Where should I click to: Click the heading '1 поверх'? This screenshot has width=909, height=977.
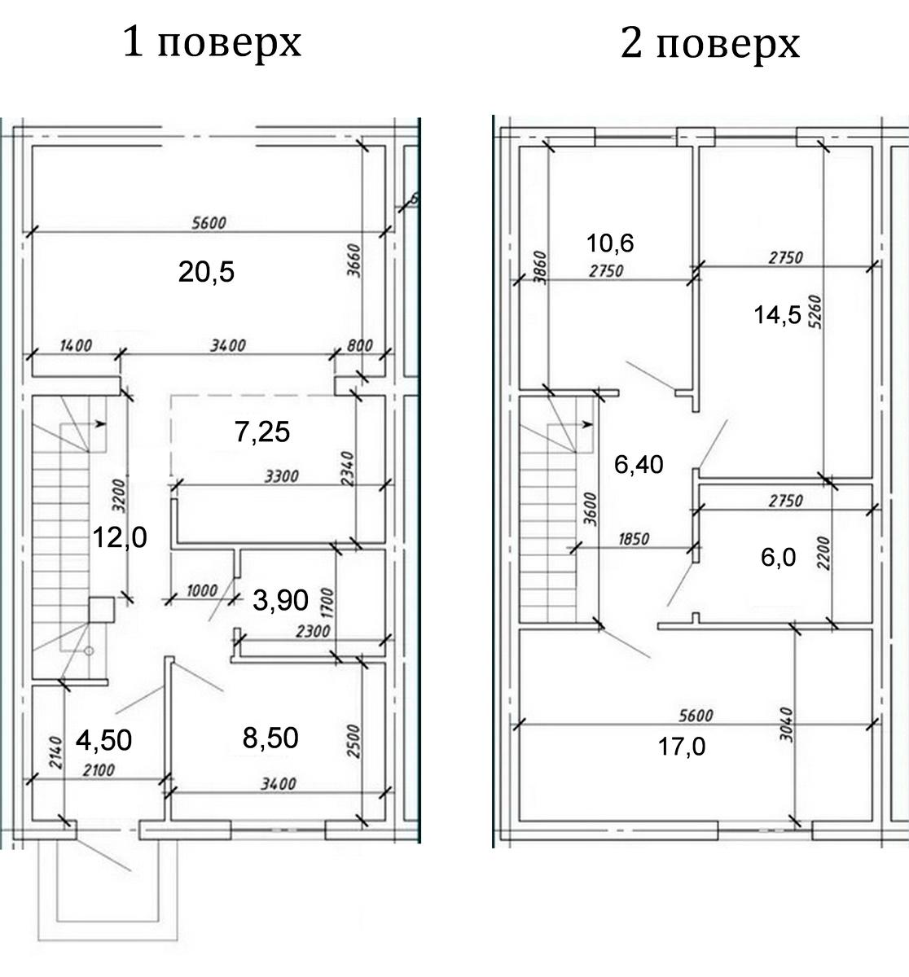point(212,43)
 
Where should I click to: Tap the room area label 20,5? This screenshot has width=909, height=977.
point(206,272)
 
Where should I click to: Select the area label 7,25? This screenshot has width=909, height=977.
point(262,432)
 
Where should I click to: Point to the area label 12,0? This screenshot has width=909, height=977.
point(120,537)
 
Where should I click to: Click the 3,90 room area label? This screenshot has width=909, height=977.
point(280,600)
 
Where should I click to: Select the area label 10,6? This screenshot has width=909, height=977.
point(610,243)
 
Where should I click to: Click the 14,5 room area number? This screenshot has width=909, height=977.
point(778,315)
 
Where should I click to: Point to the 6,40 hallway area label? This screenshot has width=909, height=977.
point(639,464)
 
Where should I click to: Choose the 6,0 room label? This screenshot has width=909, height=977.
point(778,558)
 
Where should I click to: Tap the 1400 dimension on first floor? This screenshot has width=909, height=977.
point(76,345)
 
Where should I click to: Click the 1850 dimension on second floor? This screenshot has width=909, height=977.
point(634,539)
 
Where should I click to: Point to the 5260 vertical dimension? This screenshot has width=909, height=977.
point(815,311)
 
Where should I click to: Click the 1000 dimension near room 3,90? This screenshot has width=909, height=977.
point(202,590)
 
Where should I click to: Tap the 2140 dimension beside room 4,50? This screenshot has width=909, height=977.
point(56,752)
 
